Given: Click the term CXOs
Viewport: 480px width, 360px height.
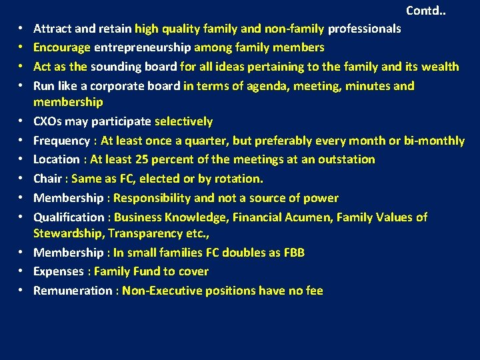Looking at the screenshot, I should click(x=49, y=121).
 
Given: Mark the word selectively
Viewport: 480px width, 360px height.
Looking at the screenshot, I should click(x=183, y=121).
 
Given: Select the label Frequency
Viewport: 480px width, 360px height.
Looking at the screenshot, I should click(x=61, y=141).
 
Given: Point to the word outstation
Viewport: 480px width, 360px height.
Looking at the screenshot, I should click(x=343, y=159).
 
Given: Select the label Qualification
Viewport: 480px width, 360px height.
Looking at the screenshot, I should click(x=69, y=217).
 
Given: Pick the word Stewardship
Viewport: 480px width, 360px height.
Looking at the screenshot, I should click(x=68, y=233).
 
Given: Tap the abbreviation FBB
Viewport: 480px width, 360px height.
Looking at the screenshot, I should click(x=293, y=253).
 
